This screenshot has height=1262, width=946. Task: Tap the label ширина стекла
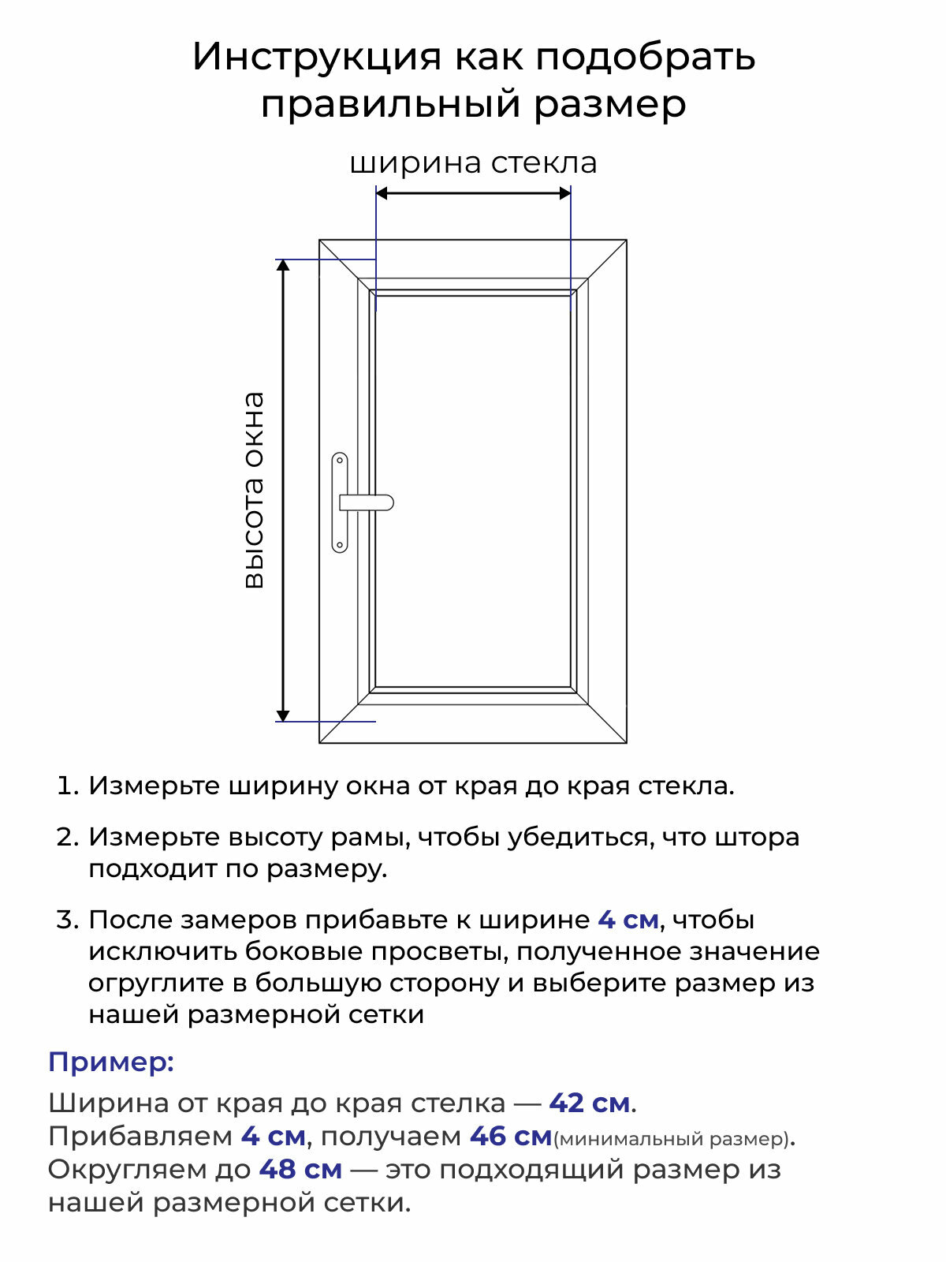click(x=473, y=163)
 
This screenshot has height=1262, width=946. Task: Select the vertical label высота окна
click(x=254, y=490)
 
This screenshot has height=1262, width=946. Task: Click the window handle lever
click(x=367, y=502)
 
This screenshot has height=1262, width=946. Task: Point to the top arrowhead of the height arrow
click(x=283, y=265)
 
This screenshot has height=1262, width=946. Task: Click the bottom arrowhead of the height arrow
click(x=283, y=715)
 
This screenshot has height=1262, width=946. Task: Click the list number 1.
click(x=68, y=786)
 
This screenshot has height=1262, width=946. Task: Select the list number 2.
click(x=68, y=837)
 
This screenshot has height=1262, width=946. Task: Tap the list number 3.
click(x=68, y=920)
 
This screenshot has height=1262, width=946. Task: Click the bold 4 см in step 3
click(x=628, y=920)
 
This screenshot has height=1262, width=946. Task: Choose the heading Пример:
click(x=111, y=1062)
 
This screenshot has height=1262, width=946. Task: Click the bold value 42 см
click(x=590, y=1103)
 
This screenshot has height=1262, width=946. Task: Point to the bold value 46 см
click(x=511, y=1137)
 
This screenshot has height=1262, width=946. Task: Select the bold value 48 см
click(x=300, y=1169)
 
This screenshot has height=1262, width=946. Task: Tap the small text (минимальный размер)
click(x=672, y=1139)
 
